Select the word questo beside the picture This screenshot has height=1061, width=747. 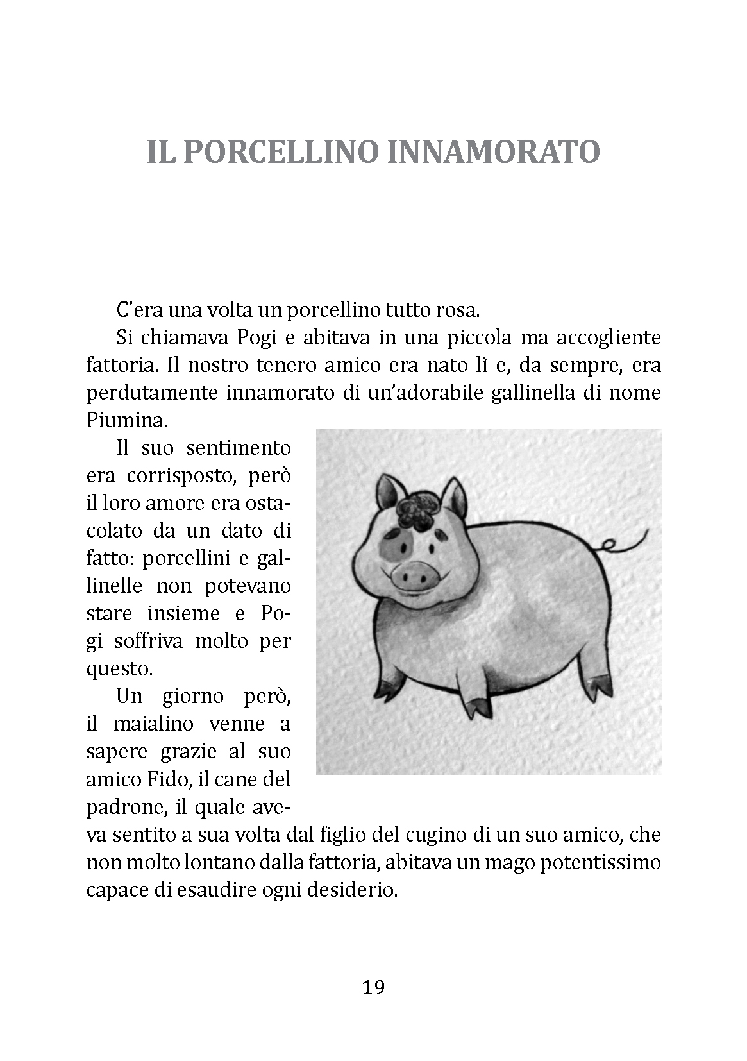pyautogui.click(x=119, y=669)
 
